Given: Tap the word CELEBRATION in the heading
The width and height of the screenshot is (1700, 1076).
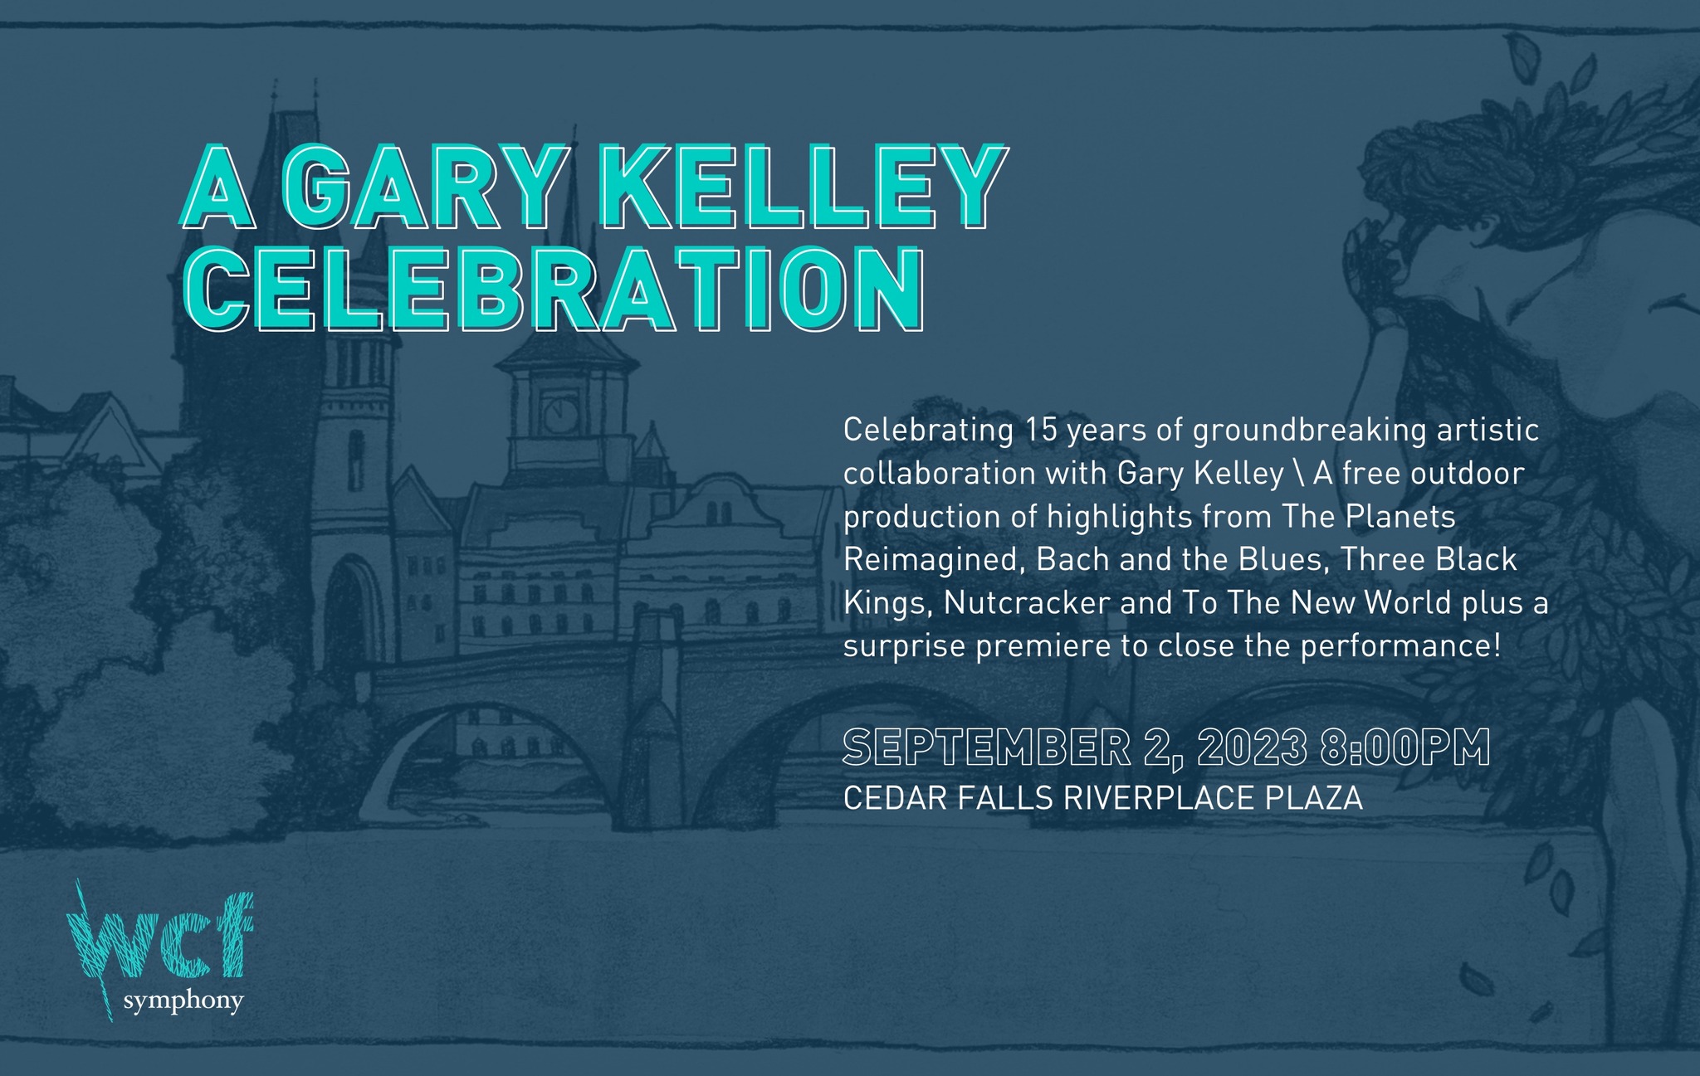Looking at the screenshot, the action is tap(553, 290).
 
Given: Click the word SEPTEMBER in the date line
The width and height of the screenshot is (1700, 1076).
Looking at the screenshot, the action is tap(987, 748).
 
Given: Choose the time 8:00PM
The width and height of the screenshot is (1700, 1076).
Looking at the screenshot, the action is tap(1404, 748).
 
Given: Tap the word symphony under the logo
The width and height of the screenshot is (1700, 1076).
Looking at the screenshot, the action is tap(183, 1002).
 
